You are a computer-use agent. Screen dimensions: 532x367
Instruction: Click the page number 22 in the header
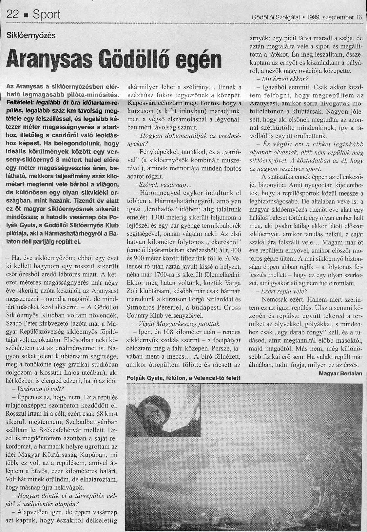click(14, 15)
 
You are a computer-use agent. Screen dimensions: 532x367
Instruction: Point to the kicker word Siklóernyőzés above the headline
click(31, 35)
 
